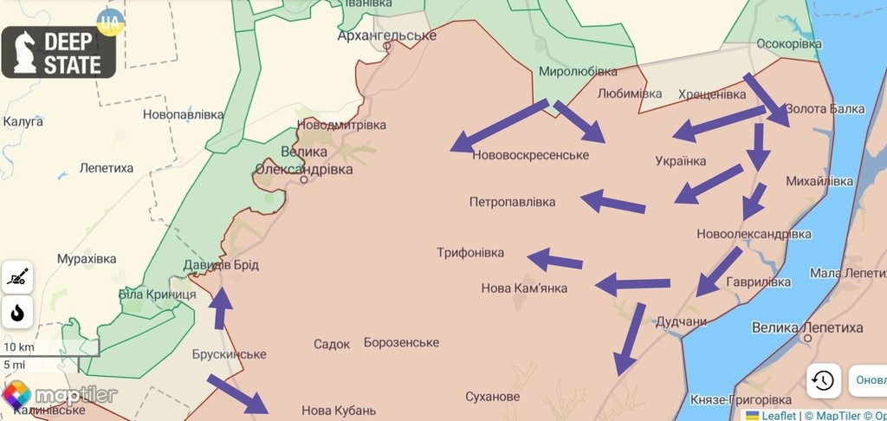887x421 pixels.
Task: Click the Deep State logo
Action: [58, 52]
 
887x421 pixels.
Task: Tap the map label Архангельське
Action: [386, 36]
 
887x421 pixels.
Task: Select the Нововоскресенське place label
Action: [531, 155]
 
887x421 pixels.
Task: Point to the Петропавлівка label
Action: [512, 202]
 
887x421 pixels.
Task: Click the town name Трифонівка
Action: [469, 253]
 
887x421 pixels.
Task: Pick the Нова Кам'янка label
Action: [524, 288]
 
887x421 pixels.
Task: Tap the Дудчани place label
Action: [681, 321]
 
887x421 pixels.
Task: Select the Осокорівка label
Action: [788, 43]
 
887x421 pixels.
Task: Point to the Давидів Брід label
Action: [221, 265]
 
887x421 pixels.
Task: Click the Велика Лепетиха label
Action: [807, 328]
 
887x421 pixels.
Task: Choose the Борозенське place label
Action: [401, 343]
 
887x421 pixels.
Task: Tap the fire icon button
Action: [17, 313]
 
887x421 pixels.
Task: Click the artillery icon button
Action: [17, 277]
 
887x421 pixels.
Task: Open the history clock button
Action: [823, 379]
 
